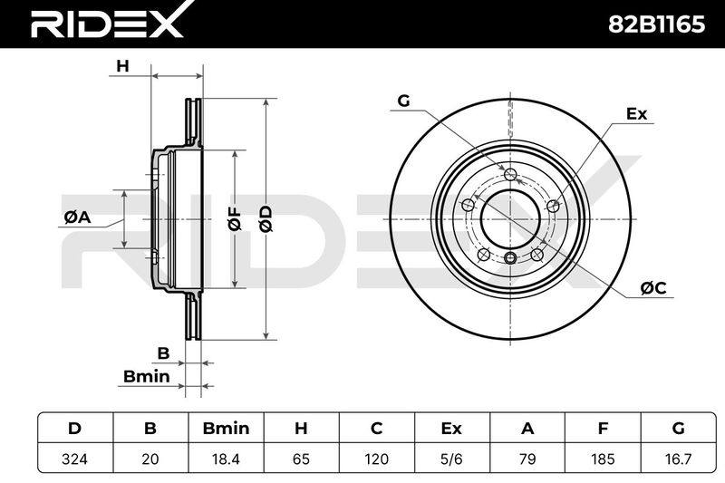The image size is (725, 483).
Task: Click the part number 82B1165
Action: pyautogui.click(x=655, y=24)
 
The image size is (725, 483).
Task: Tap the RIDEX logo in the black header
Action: pyautogui.click(x=107, y=22)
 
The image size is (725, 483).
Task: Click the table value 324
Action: pyautogui.click(x=74, y=459)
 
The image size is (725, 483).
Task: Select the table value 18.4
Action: pyautogui.click(x=226, y=459)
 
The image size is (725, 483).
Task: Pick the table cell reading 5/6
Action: pyautogui.click(x=451, y=459)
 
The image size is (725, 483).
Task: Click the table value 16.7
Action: pyautogui.click(x=678, y=459)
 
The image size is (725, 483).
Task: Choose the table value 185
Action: pyautogui.click(x=603, y=459)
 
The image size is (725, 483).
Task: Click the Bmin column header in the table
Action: pyautogui.click(x=226, y=429)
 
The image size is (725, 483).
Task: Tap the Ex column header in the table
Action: pyautogui.click(x=451, y=429)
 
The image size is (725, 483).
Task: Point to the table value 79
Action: pyautogui.click(x=527, y=459)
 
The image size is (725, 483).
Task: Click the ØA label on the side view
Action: pyautogui.click(x=77, y=217)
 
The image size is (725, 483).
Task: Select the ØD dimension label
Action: pyautogui.click(x=265, y=218)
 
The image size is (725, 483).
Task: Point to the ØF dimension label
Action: pyautogui.click(x=235, y=218)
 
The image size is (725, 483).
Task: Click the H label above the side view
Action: pyautogui.click(x=122, y=66)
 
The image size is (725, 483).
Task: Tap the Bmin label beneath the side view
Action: pyautogui.click(x=146, y=377)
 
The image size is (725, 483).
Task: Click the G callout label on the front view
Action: pyautogui.click(x=403, y=101)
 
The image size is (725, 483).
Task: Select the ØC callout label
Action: pyautogui.click(x=653, y=288)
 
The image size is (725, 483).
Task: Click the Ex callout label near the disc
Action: pyautogui.click(x=637, y=114)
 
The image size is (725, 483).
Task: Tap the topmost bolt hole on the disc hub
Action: pyautogui.click(x=510, y=174)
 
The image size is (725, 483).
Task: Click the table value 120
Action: pyautogui.click(x=376, y=459)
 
